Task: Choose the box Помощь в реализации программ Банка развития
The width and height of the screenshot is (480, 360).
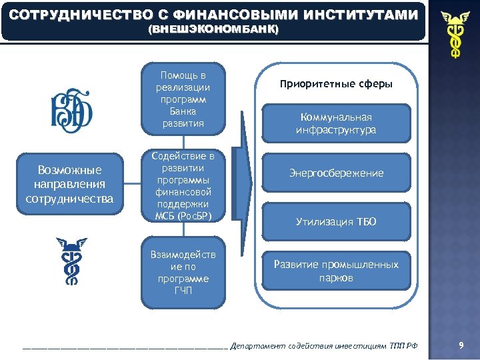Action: click(183, 99)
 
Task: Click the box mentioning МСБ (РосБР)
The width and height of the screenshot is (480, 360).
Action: click(183, 185)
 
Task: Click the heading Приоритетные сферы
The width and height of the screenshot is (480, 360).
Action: click(336, 85)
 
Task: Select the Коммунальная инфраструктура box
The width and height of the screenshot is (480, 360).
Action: click(336, 123)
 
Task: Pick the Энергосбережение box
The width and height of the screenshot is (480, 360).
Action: click(336, 173)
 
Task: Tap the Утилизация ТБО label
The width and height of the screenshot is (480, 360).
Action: click(336, 222)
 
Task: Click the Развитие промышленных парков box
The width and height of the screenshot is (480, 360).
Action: click(336, 271)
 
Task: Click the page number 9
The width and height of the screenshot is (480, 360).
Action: click(460, 345)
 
